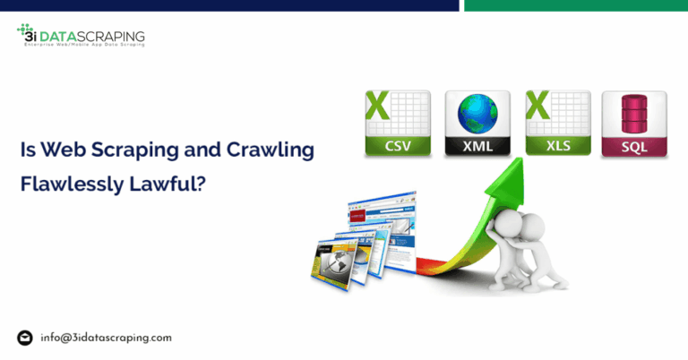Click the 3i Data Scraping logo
point(81,37)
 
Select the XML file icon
point(477,124)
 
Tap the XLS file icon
point(556,124)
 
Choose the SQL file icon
point(633,124)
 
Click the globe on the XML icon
point(477,114)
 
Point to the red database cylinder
point(633,114)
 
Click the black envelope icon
point(25,338)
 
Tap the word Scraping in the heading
point(116,150)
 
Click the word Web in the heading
point(56,150)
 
